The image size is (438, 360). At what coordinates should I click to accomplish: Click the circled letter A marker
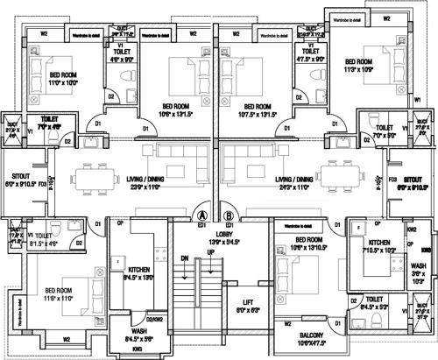[202, 214]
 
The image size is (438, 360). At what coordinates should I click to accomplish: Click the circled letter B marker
[230, 214]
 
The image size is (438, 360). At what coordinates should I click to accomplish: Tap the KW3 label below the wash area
[138, 349]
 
